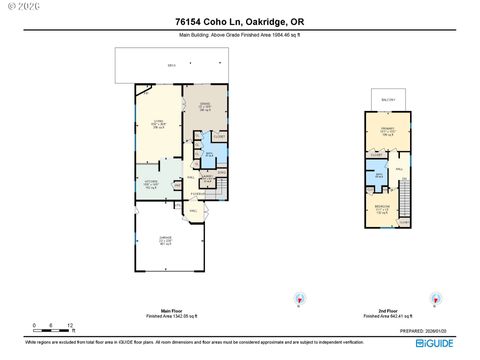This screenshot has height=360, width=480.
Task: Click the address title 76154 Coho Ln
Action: pos(239,20)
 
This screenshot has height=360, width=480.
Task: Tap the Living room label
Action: pos(157,123)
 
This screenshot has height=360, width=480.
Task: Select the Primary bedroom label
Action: pos(385,131)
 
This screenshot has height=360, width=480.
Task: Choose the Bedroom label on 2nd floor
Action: pos(382,209)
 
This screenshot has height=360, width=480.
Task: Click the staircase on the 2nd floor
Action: pos(405,208)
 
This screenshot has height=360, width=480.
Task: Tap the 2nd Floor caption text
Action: pos(384,312)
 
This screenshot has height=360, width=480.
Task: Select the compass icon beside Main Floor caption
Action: pos(298,297)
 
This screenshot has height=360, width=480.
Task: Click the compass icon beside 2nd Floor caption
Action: pos(435,297)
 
